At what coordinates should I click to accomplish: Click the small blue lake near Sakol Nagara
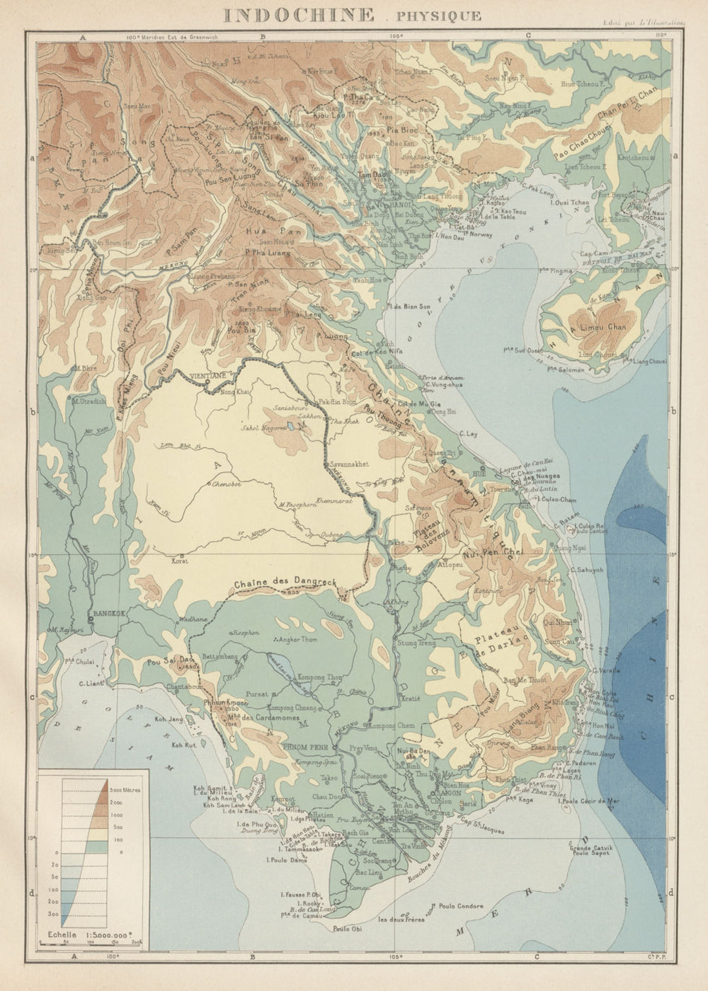click(292, 427)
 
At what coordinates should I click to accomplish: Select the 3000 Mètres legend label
click(127, 787)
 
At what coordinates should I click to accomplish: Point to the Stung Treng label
click(416, 643)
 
